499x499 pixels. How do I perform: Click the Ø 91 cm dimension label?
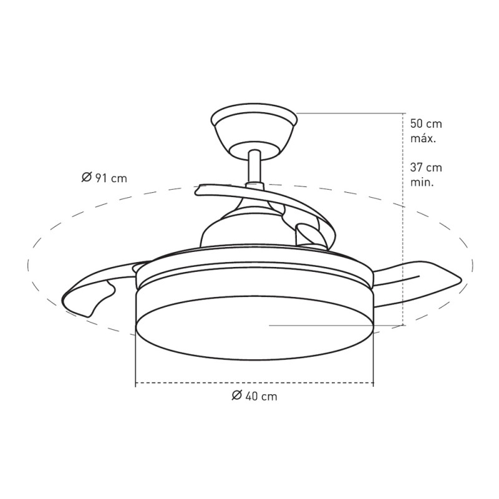[x=104, y=178]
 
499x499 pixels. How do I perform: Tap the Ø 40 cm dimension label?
[x=254, y=395]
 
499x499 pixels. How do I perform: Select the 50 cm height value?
[x=426, y=124]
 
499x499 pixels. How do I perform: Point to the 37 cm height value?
[x=426, y=167]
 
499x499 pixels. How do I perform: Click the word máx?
[x=423, y=138]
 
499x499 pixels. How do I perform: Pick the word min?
[x=422, y=183]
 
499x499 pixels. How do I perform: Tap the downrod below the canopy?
[x=254, y=168]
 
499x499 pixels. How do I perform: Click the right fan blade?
[x=417, y=283]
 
